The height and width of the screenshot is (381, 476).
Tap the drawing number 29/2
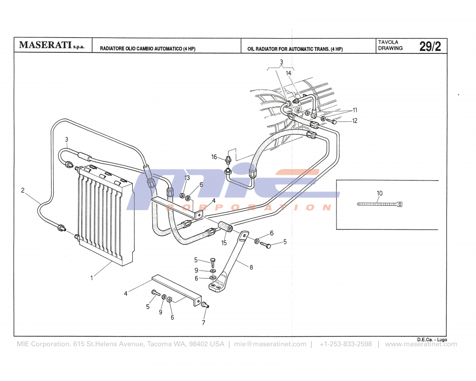click(430, 46)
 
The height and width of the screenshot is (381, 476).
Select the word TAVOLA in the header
click(388, 42)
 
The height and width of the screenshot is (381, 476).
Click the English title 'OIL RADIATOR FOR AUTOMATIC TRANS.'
click(295, 49)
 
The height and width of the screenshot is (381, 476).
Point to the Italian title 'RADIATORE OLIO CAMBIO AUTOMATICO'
click(148, 49)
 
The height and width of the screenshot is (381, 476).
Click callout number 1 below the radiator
click(92, 278)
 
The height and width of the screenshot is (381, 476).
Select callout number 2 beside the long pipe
click(22, 190)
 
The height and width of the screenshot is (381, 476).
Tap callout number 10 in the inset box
click(379, 193)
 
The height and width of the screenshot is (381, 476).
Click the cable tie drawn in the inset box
click(379, 204)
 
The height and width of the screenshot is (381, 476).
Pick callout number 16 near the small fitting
click(214, 157)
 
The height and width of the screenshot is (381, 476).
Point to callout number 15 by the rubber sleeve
click(224, 243)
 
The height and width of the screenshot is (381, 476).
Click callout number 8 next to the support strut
click(251, 267)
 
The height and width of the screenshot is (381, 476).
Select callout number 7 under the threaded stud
click(203, 322)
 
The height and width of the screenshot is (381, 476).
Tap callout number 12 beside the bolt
click(355, 121)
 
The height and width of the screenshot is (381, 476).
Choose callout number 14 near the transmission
click(288, 73)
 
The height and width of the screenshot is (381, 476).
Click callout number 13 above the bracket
click(187, 178)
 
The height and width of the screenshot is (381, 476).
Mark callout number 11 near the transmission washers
click(355, 110)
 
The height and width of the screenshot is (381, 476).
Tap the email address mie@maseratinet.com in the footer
click(270, 344)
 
